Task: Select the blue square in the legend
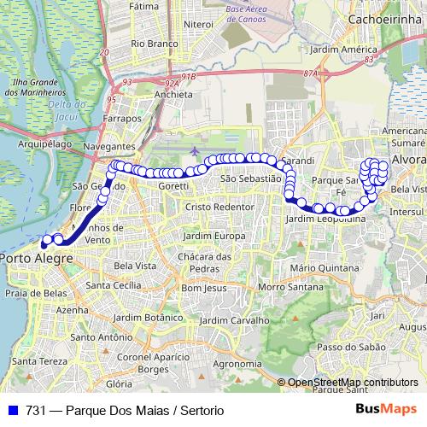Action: tap(10, 411)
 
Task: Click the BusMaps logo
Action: tap(385, 410)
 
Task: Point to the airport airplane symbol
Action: tap(196, 151)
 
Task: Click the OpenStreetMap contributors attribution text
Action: tap(354, 383)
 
